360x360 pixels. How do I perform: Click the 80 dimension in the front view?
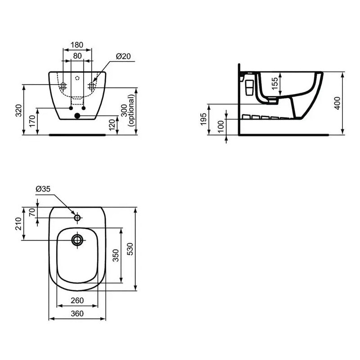coord(77,56)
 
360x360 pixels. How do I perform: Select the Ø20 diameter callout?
coord(123,56)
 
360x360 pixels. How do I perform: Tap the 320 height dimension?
coord(18,111)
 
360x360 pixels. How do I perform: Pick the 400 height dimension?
coord(337,103)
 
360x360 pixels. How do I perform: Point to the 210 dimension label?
coord(18,224)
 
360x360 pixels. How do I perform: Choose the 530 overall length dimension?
coord(130,249)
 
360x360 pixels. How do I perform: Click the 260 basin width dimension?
coord(77,300)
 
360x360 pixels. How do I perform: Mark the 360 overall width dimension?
coord(77,314)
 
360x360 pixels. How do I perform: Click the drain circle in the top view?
coord(77,239)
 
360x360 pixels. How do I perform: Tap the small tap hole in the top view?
coord(77,218)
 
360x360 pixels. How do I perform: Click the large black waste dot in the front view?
coord(77,116)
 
